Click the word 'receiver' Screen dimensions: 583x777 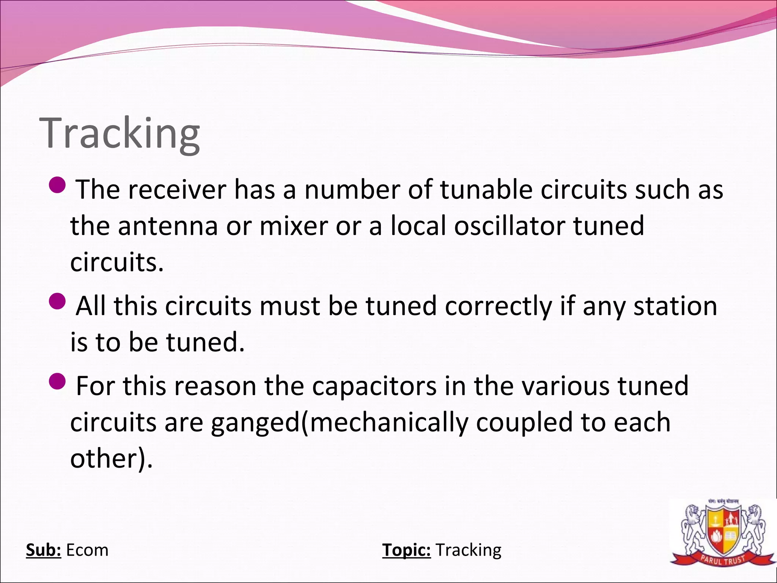[177, 189]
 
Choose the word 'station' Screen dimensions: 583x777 [675, 306]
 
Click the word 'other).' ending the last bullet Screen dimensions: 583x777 [111, 459]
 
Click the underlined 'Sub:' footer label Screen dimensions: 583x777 [43, 550]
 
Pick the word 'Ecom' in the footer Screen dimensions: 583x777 [87, 550]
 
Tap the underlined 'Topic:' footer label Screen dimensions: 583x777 [406, 550]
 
